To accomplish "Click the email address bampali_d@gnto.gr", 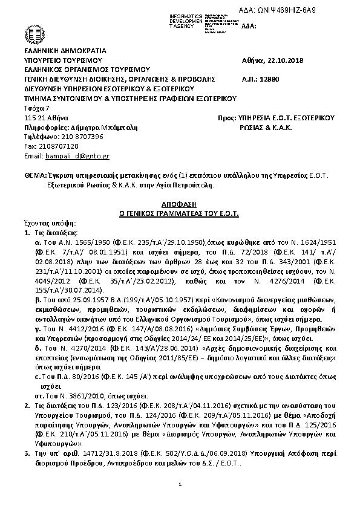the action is click(76, 155).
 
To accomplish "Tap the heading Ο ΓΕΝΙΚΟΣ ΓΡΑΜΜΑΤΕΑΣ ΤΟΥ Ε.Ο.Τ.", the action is click(180, 214).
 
